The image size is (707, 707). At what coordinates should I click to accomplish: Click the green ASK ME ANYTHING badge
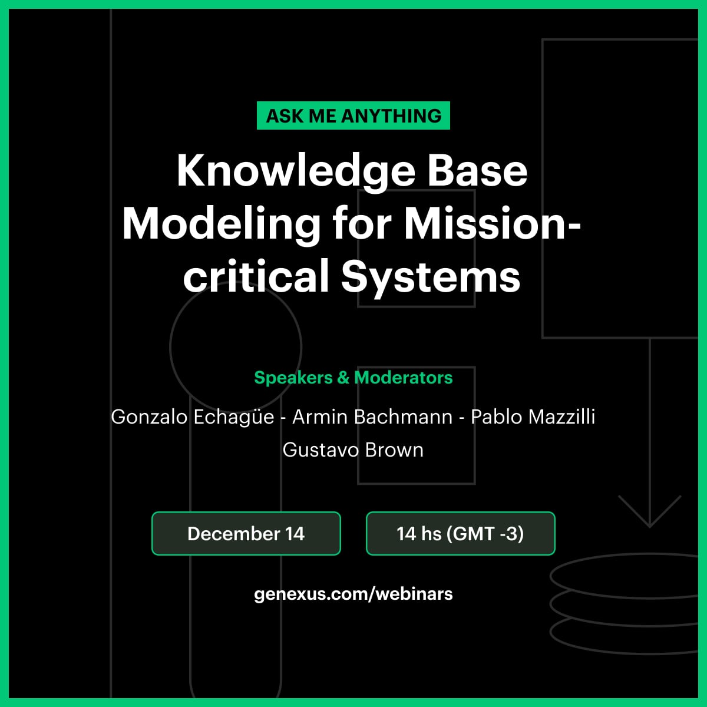tap(353, 115)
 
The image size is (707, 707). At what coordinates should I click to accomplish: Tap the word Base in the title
tap(478, 171)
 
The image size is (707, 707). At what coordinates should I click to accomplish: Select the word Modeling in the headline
tap(222, 224)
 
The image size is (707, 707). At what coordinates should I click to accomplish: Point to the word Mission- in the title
tap(493, 223)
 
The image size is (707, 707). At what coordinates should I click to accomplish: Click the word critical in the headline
tap(256, 276)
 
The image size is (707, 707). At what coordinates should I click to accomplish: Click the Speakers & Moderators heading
tap(353, 378)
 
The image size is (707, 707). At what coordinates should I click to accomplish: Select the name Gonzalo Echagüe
tap(193, 417)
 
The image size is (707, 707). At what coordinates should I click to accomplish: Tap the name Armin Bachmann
tap(372, 417)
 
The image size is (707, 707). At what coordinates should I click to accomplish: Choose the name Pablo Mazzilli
tap(533, 417)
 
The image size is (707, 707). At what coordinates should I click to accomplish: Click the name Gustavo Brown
tap(353, 450)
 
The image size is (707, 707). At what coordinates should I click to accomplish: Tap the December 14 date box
tap(246, 533)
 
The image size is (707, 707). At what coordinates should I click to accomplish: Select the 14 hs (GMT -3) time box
tap(461, 533)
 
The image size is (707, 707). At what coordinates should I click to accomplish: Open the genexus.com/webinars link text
tap(353, 594)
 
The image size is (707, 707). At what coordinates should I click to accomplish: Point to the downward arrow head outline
tap(650, 527)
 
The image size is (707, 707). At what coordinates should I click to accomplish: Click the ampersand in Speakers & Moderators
tap(343, 378)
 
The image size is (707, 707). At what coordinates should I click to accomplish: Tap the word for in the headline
tap(362, 223)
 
